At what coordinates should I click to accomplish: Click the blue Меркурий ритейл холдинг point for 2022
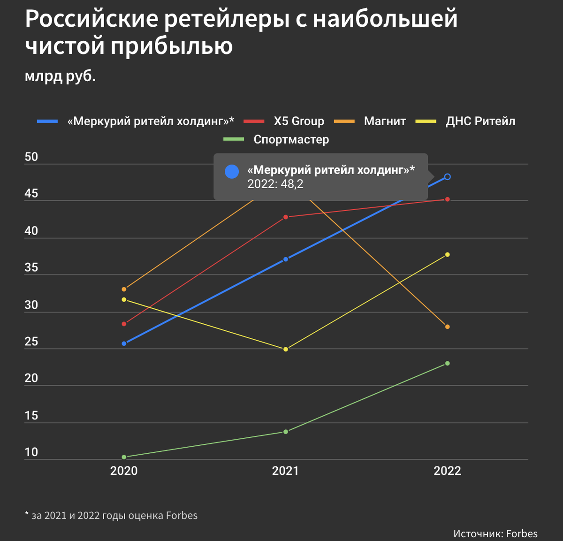(447, 177)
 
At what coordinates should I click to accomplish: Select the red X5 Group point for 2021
(285, 217)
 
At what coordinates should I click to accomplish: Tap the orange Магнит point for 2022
(447, 327)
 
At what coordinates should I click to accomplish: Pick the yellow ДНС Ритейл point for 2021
(285, 349)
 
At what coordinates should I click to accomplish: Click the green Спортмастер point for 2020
(124, 457)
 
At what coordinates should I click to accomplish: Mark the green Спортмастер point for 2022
(447, 363)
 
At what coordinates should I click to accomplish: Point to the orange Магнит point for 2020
(124, 289)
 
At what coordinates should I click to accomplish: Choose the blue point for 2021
(285, 259)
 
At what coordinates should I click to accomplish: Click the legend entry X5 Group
(298, 121)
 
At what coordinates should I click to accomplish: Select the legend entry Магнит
(385, 121)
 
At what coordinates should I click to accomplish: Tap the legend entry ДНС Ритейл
(480, 121)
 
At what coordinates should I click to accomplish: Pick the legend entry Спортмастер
(291, 139)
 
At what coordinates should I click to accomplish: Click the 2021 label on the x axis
(285, 471)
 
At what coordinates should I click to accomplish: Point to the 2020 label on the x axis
(124, 471)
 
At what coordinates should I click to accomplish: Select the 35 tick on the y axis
(31, 268)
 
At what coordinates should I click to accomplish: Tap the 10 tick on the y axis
(31, 452)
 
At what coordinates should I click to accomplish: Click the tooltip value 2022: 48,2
(275, 184)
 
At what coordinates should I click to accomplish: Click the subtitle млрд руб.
(60, 76)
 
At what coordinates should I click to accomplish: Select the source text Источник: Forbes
(495, 533)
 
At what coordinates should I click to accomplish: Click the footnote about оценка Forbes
(111, 515)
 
